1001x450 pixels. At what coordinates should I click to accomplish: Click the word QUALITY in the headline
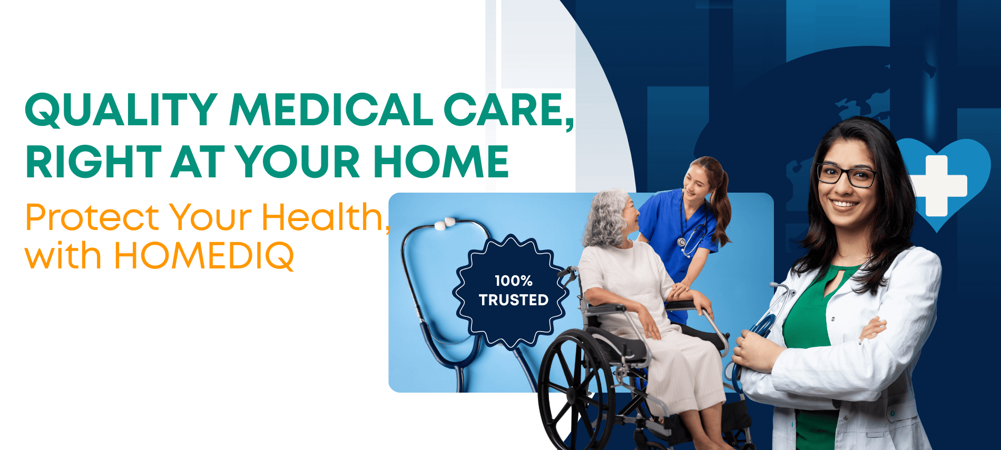[x=121, y=109]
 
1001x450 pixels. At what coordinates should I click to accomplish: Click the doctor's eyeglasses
[x=847, y=176]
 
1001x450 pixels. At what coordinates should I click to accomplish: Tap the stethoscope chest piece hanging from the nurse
[x=682, y=242]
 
